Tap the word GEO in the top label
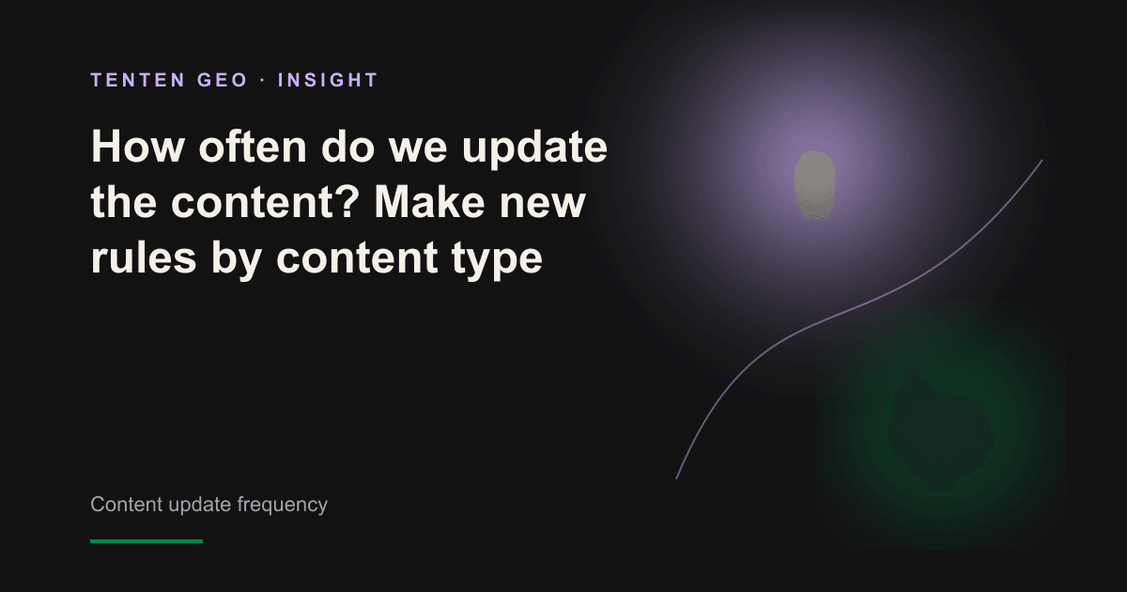[x=223, y=80]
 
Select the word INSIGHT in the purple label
[x=328, y=80]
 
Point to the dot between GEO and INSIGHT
[x=263, y=81]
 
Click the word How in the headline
[x=137, y=147]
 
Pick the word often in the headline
[x=253, y=147]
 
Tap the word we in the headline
[x=418, y=151]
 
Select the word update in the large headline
[x=534, y=149]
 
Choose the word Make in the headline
[x=429, y=201]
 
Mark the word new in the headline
[x=543, y=207]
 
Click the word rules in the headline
[x=144, y=256]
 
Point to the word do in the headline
[x=347, y=147]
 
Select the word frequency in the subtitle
[x=283, y=505]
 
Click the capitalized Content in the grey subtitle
[x=126, y=504]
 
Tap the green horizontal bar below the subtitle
[x=147, y=541]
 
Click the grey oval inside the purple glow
[x=815, y=185]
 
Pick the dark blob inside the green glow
[x=940, y=431]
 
